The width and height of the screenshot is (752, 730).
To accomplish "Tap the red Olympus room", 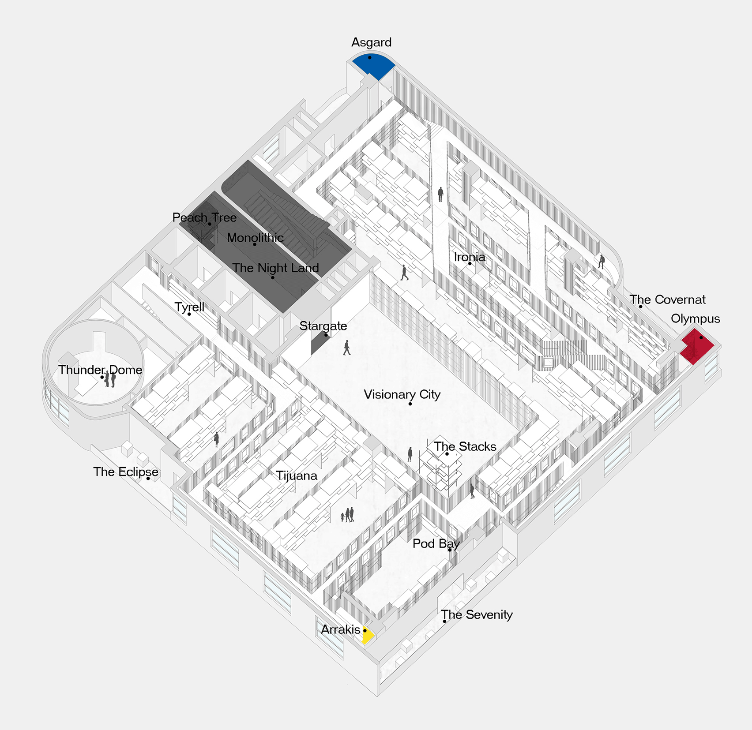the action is point(697,346).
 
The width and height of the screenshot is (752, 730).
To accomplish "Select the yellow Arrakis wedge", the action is point(368,635).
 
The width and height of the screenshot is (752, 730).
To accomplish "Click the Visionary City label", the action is point(402,394).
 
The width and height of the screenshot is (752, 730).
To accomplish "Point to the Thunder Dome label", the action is point(100,370).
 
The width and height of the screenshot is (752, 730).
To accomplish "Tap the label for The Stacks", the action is point(465,446).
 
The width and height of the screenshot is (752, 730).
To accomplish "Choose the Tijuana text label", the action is point(297,475).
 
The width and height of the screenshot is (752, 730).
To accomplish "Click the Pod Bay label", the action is point(436,544).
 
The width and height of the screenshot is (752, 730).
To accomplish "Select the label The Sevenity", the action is point(477,614).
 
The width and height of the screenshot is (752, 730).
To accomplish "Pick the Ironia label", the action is point(470,257).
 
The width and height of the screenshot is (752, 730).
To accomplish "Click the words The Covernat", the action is point(667,299).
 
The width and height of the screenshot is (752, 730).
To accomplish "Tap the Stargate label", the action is point(323,326).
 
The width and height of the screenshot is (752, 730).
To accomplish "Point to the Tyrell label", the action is point(189,307).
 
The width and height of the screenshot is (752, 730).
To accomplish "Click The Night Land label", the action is point(275,268).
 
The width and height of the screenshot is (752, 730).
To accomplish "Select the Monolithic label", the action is point(255,237).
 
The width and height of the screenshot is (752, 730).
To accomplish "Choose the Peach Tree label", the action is point(204,217).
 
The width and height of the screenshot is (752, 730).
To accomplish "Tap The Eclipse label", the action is point(126,472).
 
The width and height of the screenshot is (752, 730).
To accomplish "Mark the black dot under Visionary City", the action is point(410,404).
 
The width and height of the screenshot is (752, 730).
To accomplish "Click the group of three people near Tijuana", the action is point(348,515).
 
